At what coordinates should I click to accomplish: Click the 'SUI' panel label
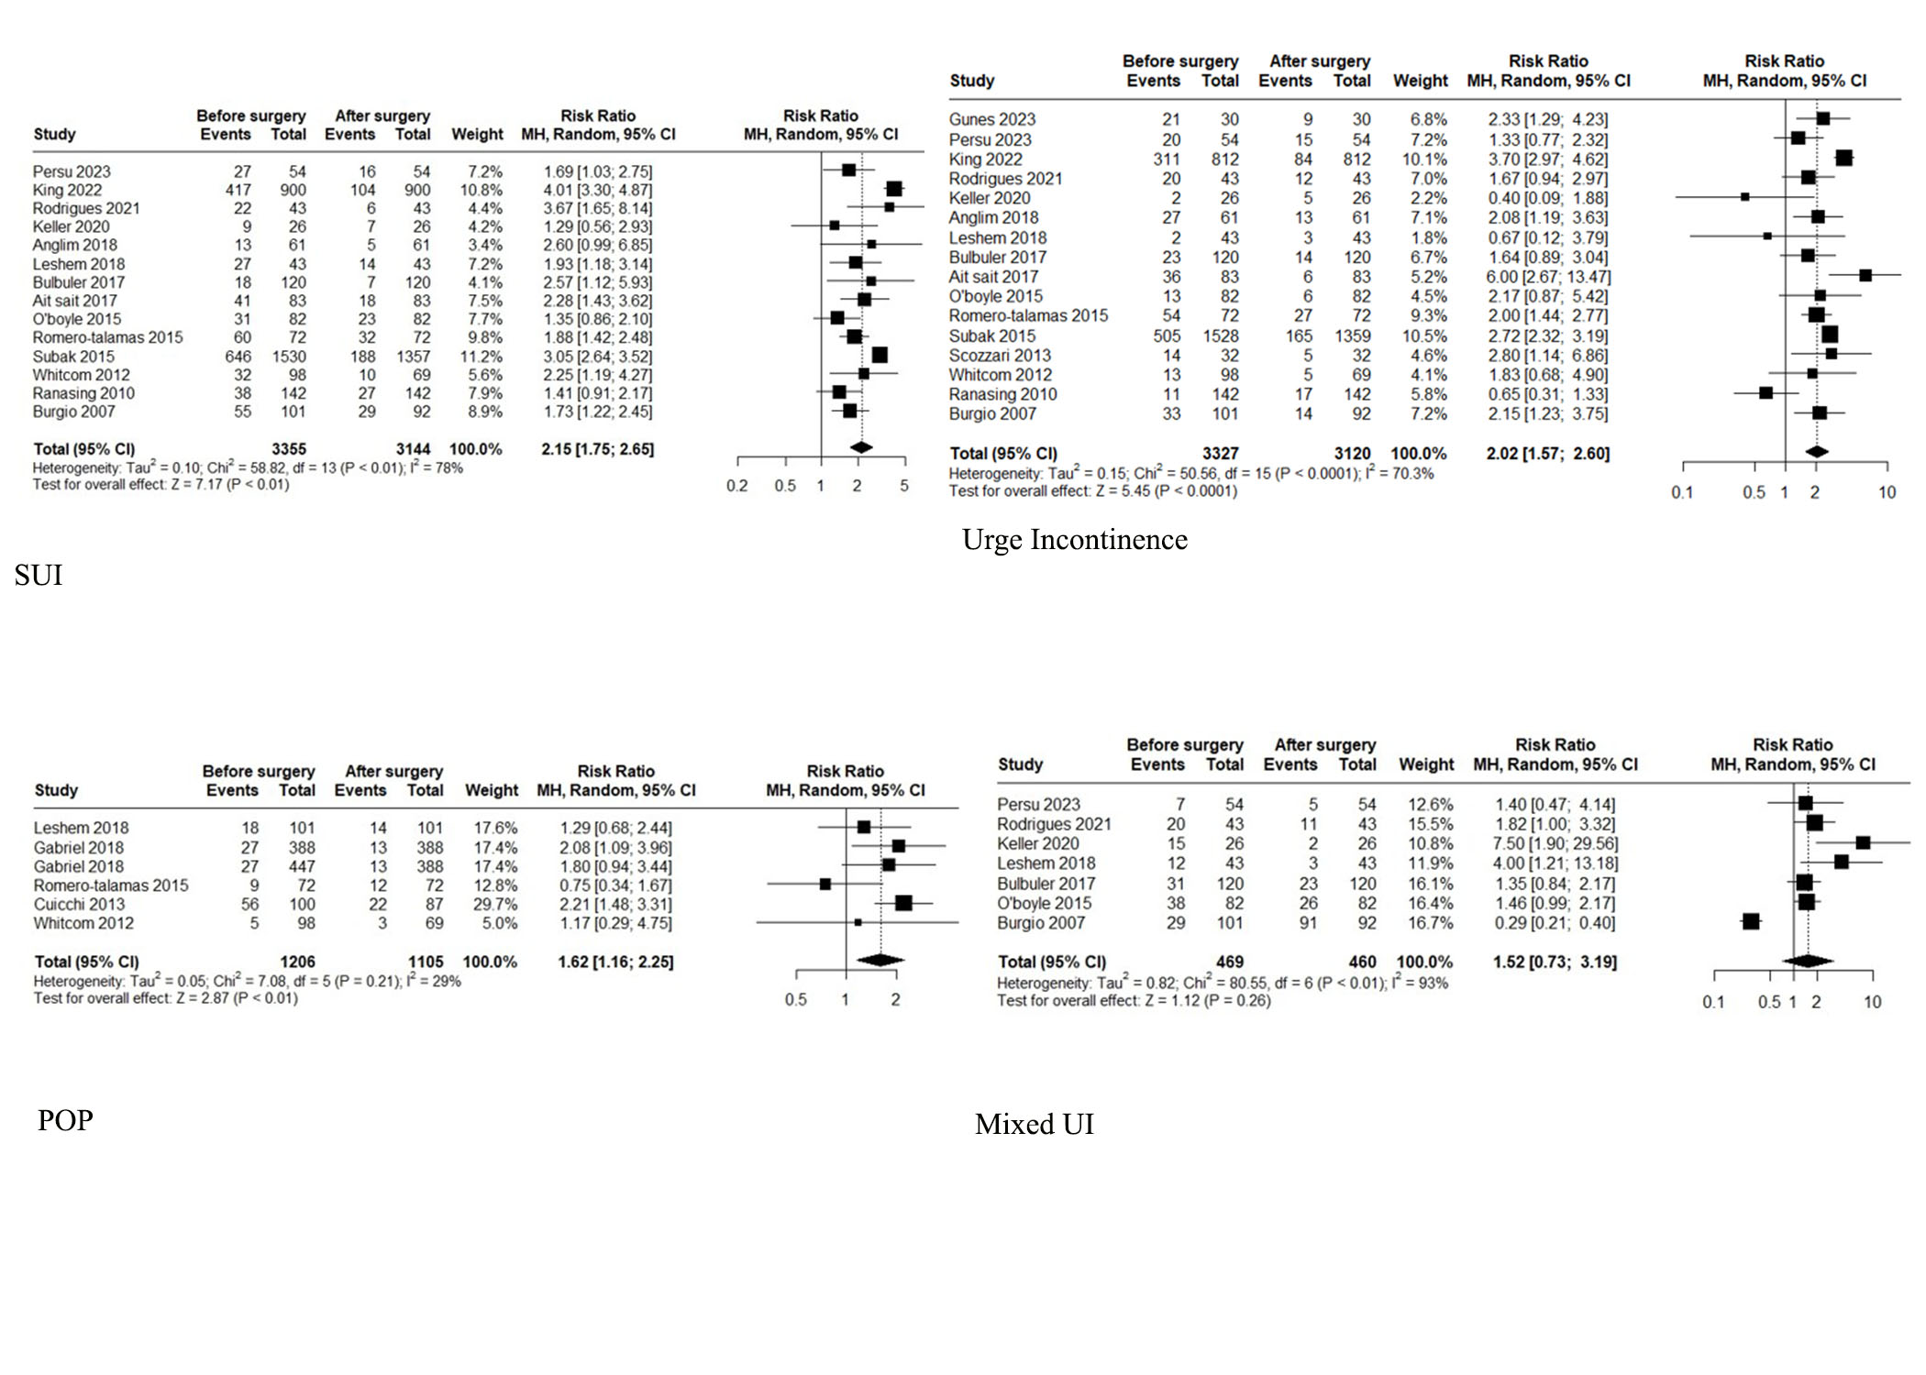[39, 575]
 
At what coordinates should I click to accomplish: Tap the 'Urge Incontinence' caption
[1074, 539]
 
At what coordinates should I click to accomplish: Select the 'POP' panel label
[65, 1120]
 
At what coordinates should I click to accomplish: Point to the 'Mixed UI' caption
[1035, 1124]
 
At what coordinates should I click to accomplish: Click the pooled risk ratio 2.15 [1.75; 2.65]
[597, 449]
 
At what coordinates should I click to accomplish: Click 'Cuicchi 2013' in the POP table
[79, 904]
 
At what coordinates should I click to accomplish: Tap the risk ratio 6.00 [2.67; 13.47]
[1548, 277]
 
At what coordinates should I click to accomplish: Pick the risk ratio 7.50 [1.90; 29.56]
[1556, 843]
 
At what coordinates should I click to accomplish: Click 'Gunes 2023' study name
[991, 119]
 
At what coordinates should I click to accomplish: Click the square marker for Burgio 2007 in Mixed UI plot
[1751, 921]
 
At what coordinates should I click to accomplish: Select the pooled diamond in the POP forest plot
[880, 960]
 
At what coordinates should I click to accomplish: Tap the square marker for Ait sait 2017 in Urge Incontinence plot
[1865, 275]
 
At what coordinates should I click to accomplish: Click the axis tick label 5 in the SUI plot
[904, 486]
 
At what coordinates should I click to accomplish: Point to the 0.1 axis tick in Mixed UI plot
[1713, 1002]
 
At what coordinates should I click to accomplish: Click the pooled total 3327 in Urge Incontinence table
[1220, 454]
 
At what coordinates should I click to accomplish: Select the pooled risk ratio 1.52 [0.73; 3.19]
[1555, 962]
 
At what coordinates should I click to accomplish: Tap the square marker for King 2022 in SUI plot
[894, 189]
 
